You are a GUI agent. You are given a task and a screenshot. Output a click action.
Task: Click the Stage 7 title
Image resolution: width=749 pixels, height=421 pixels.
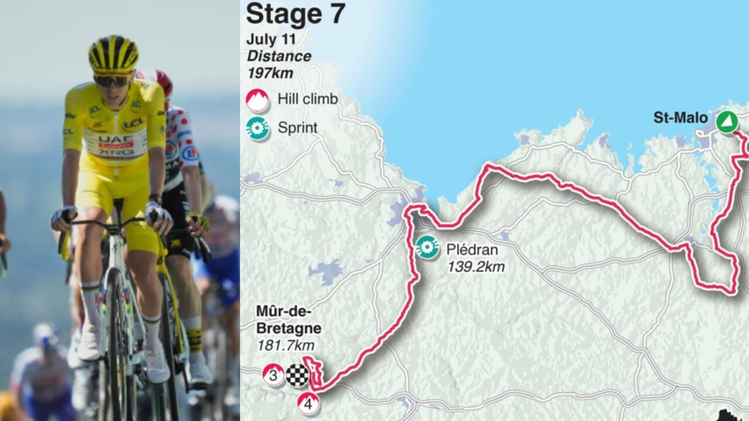(x=296, y=15)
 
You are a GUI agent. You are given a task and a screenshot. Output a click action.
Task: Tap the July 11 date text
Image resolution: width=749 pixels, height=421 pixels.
(x=272, y=40)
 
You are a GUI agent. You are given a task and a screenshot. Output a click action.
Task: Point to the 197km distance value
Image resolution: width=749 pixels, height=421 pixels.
(x=270, y=73)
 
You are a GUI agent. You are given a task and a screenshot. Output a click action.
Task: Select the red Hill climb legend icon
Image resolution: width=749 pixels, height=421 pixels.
(x=257, y=99)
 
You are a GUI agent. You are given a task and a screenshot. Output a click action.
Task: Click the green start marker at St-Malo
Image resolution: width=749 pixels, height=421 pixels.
(x=726, y=122)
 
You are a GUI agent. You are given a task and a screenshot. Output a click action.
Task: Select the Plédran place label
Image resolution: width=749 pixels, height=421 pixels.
(x=472, y=250)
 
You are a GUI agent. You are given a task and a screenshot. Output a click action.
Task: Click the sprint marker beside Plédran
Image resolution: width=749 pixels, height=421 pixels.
(x=427, y=247)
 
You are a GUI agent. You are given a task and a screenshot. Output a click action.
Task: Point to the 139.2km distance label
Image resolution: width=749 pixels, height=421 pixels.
(x=476, y=267)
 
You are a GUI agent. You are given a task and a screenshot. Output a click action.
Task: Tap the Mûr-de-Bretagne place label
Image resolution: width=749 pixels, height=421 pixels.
(x=287, y=319)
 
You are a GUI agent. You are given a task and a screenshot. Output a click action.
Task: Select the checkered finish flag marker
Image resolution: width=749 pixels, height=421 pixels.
(x=297, y=375)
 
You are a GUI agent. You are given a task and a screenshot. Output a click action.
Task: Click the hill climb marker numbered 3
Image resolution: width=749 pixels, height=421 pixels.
(x=273, y=375)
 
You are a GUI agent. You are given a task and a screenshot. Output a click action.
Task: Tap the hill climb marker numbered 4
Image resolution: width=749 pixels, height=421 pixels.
(x=308, y=403)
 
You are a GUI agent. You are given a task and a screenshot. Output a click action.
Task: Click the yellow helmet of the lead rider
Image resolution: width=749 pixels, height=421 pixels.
(x=114, y=53)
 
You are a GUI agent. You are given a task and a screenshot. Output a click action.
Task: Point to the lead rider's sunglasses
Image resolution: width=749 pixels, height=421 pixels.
(x=114, y=80)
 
